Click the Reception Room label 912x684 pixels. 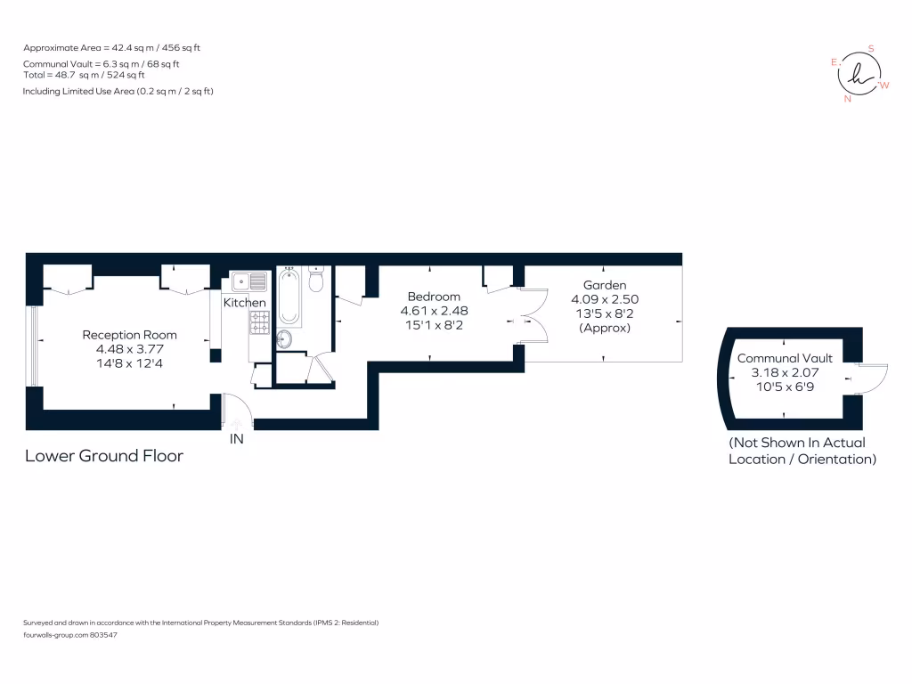pos(129,335)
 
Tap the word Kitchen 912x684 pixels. pos(244,303)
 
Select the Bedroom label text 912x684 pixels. pos(434,297)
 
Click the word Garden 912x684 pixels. pos(605,285)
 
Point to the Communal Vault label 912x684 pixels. pos(785,358)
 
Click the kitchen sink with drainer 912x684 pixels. pos(248,282)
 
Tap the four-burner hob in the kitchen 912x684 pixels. pos(258,322)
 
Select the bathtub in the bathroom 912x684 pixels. pos(289,297)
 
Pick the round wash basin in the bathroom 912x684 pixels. pos(284,338)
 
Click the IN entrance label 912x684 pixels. pos(237,439)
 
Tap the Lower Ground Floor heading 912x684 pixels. pos(104,456)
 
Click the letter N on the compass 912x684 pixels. pos(847,99)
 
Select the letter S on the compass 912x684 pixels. pos(871,49)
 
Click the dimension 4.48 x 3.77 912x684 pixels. pos(129,349)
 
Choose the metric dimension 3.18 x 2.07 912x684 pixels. pos(785,372)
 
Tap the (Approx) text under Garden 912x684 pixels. pos(605,328)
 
